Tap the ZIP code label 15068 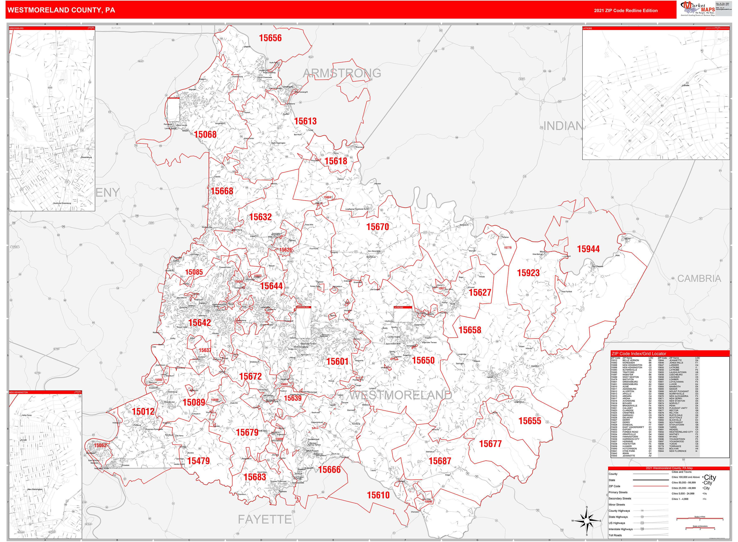tap(205, 134)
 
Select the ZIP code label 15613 tap(305, 121)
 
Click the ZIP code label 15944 tap(588, 249)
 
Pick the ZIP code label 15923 tap(528, 273)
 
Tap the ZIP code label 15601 tap(337, 361)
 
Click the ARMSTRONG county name tap(342, 73)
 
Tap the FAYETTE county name tap(265, 519)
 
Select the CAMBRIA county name tap(699, 279)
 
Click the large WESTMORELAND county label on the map tap(400, 395)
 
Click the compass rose tap(587, 521)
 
